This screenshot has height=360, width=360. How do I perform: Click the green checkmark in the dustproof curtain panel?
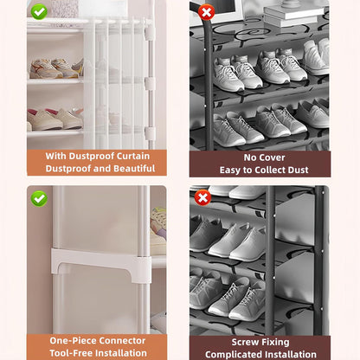(39, 11)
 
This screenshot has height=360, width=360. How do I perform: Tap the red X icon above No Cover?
(206, 12)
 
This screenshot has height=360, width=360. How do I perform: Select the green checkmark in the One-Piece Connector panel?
(39, 198)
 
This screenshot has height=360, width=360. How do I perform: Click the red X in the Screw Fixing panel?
(202, 197)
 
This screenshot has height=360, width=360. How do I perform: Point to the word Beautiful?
(134, 169)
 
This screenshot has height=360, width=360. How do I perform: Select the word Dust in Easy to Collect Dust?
(298, 170)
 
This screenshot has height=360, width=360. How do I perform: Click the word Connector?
(125, 341)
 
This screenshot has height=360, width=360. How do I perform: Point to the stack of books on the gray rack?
(293, 16)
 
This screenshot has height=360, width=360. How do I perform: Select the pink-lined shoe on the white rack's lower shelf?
(45, 119)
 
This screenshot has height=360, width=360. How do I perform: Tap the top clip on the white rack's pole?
(150, 32)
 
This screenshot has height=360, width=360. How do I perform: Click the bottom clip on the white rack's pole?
(150, 133)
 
